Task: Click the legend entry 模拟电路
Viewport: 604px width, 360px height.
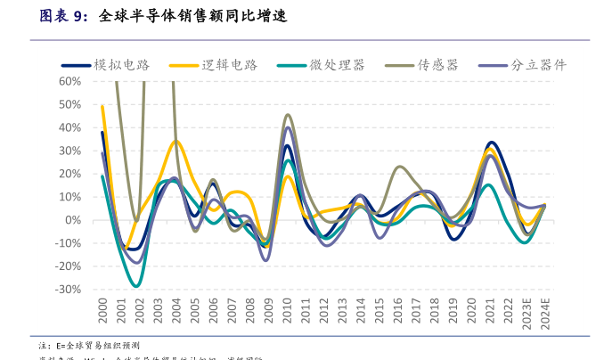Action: (121, 65)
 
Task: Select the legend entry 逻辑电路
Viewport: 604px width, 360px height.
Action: (229, 65)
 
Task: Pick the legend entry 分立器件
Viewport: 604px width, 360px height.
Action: (537, 65)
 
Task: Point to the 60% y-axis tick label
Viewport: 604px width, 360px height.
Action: (69, 81)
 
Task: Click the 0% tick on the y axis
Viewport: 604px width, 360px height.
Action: (73, 220)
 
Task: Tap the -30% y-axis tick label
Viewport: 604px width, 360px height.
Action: (68, 290)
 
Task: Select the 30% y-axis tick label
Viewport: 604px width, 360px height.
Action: (69, 151)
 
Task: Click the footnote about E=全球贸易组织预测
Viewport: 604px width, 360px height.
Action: (89, 345)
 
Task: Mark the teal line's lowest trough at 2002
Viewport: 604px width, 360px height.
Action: (136, 286)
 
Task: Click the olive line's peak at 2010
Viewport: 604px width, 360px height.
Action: (288, 115)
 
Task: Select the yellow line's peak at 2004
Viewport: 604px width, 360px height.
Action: (176, 142)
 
